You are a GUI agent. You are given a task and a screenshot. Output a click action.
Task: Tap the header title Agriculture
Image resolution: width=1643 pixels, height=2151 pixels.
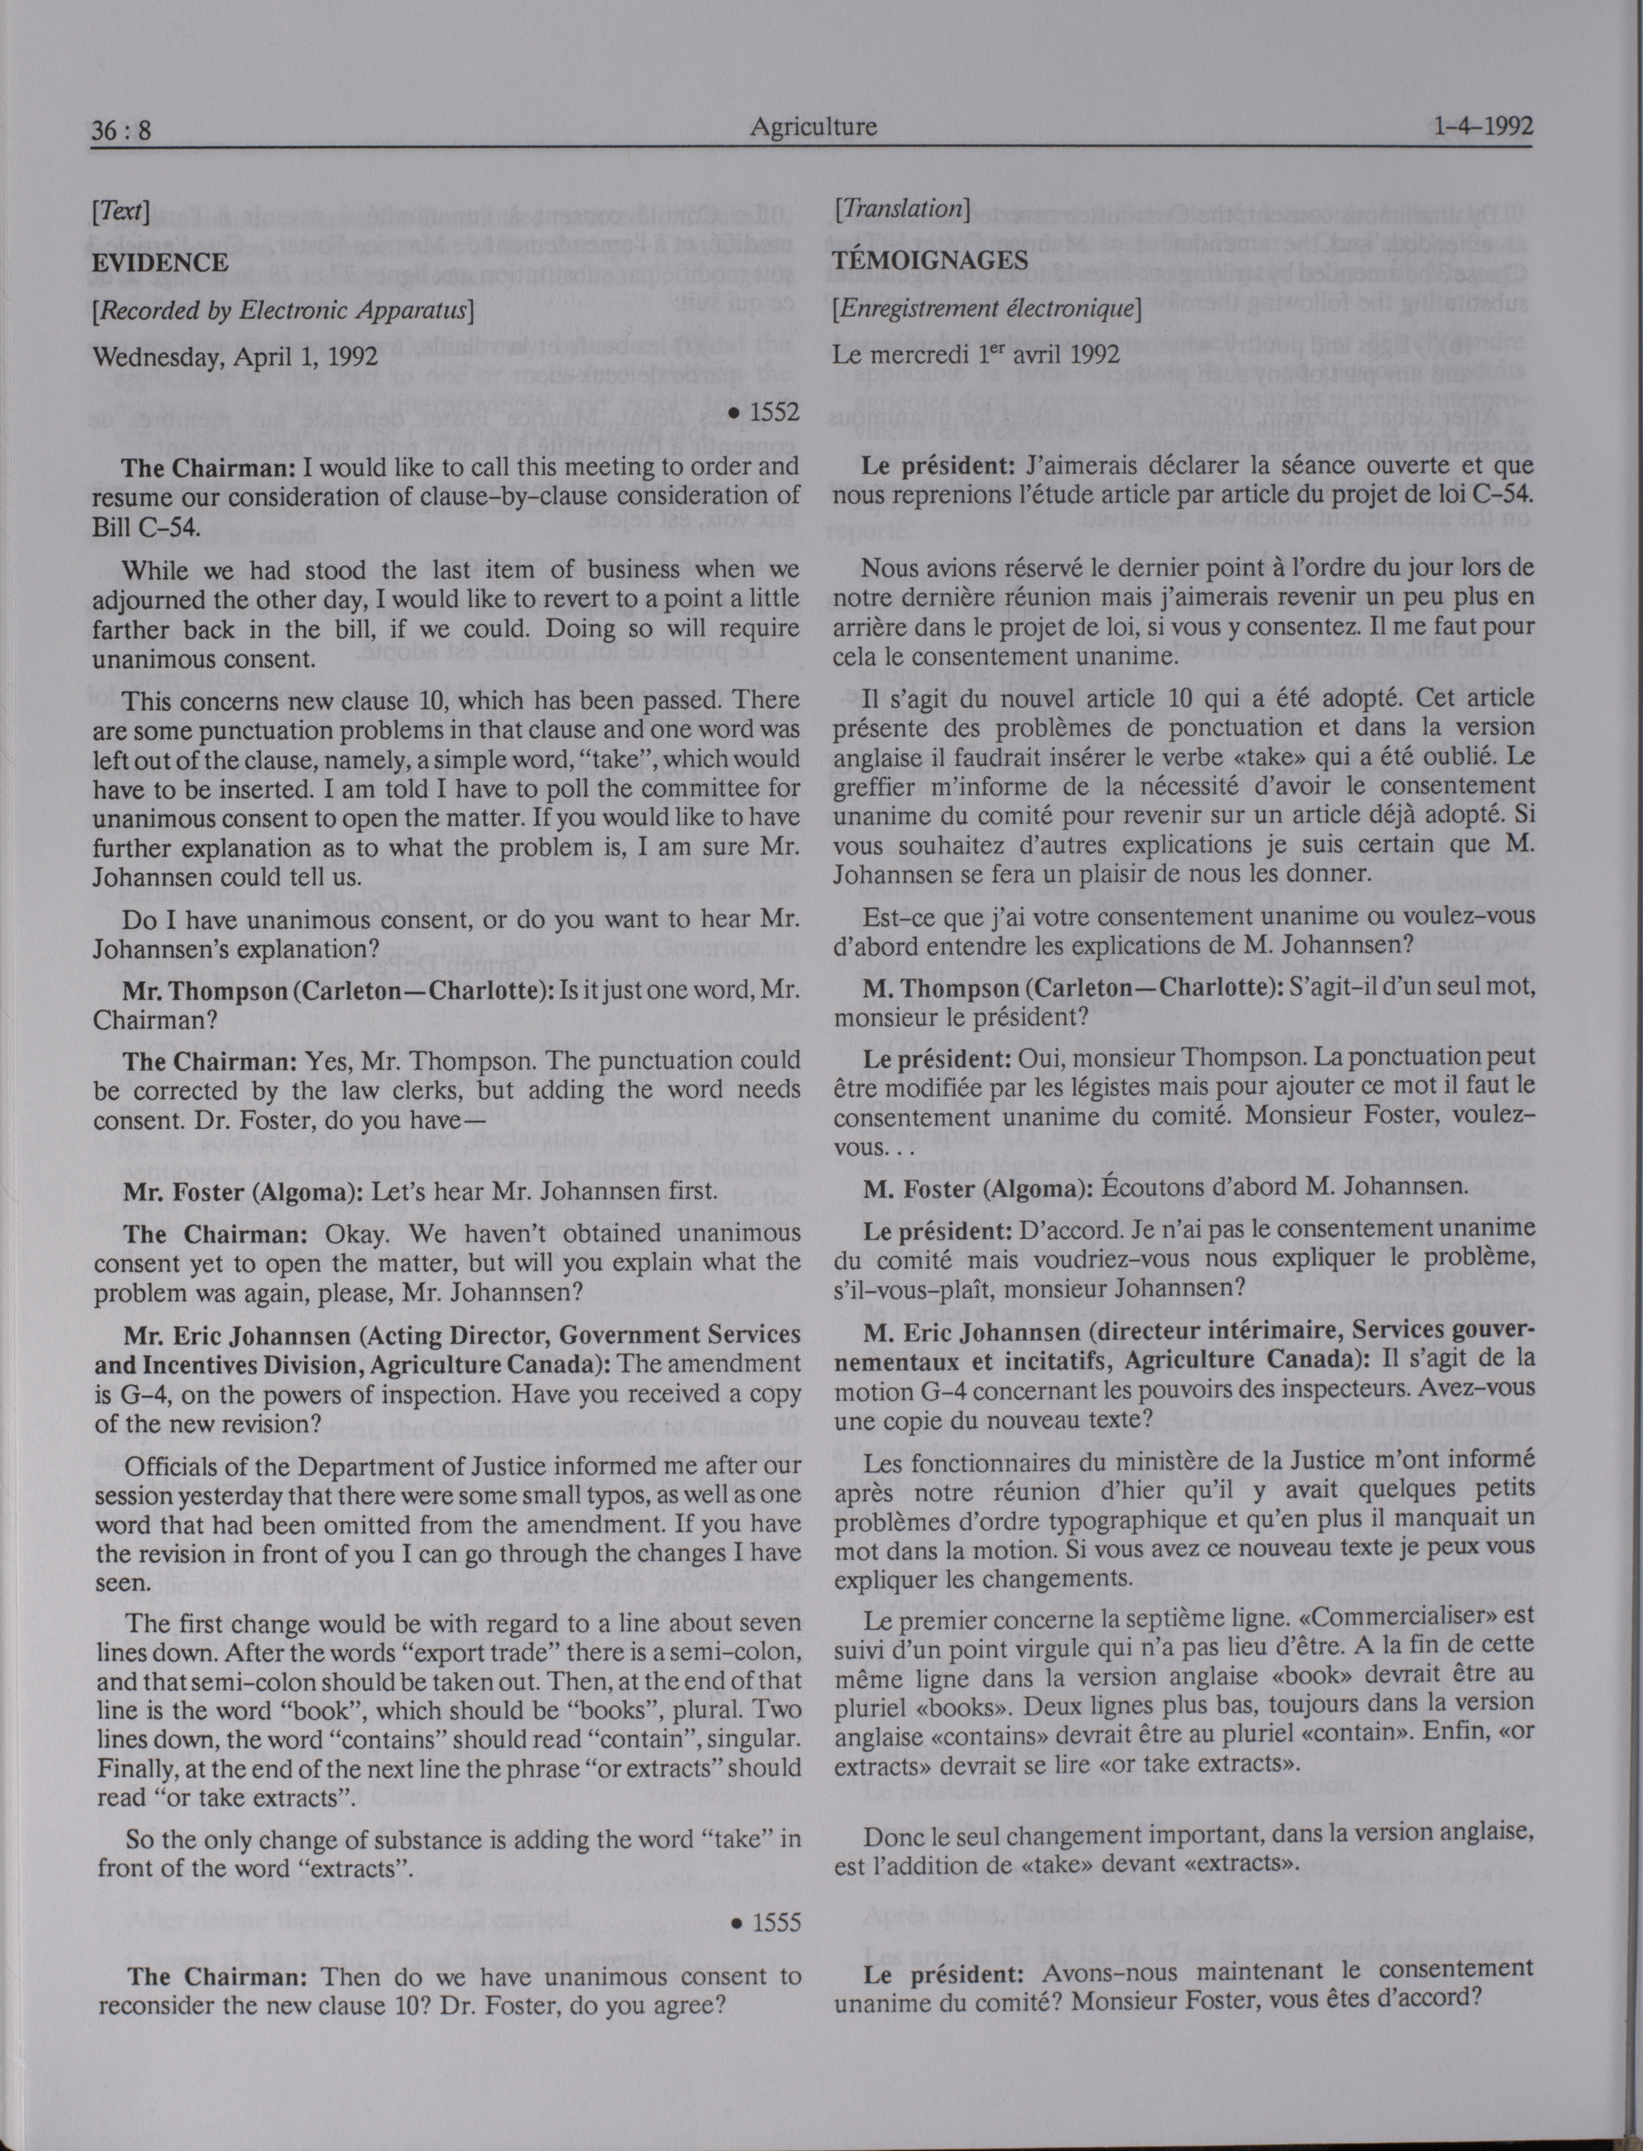(813, 126)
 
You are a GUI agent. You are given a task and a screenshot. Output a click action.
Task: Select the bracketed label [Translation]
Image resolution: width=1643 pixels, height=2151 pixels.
(901, 208)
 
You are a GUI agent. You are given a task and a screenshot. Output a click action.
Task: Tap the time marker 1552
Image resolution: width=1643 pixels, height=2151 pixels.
(766, 413)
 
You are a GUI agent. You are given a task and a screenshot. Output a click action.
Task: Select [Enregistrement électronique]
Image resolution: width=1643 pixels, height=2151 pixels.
(987, 308)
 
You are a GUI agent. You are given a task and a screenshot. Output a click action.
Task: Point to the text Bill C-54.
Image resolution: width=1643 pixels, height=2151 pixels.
(147, 528)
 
